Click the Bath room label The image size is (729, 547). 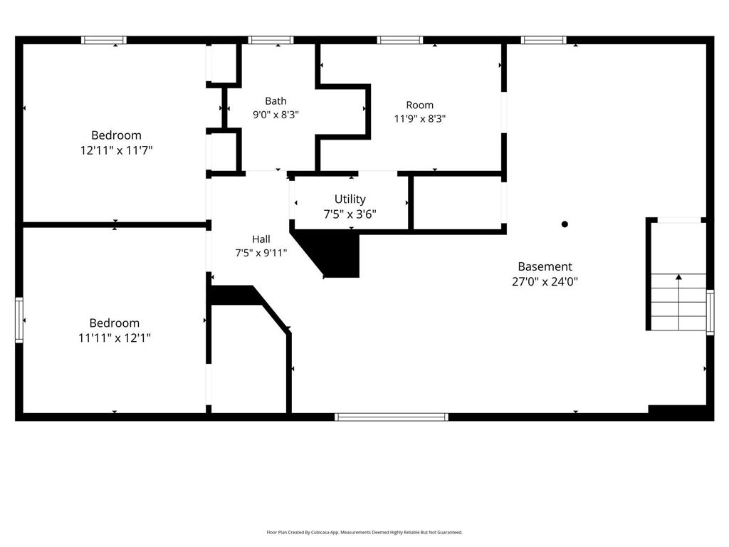[276, 101]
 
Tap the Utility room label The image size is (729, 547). [350, 199]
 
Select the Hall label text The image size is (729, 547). [261, 239]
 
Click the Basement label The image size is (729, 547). [545, 266]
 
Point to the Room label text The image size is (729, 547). [420, 105]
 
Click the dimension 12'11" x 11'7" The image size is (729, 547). [116, 150]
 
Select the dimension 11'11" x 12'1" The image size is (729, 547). [115, 338]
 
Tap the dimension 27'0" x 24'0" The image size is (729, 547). [545, 281]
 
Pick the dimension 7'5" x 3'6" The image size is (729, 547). [350, 214]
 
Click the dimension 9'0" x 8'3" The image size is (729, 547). [276, 115]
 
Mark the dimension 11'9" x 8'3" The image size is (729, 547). [420, 119]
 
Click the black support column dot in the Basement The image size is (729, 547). [565, 224]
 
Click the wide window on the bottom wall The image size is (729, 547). [392, 417]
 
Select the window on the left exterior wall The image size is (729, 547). [19, 320]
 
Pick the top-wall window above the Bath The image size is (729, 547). [271, 40]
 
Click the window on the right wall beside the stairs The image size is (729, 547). [710, 312]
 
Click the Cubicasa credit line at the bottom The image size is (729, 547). [364, 532]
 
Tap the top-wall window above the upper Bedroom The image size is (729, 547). [104, 40]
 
